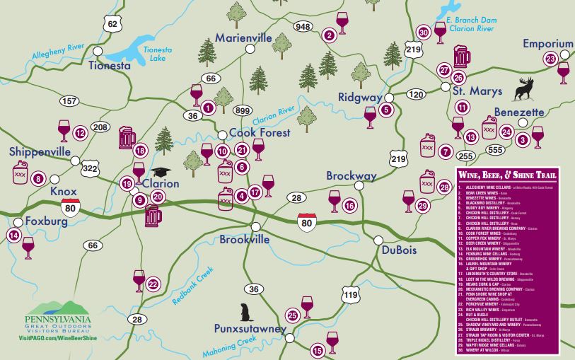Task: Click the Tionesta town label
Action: point(110,66)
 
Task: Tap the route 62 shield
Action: point(112,23)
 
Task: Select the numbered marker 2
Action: point(329,35)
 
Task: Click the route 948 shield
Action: point(303,27)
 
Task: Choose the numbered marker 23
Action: point(550,59)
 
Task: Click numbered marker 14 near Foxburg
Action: point(13,235)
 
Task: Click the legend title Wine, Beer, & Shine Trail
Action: point(507,175)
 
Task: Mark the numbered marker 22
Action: point(153,284)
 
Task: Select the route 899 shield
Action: point(243,110)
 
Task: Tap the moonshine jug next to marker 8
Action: point(21,173)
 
